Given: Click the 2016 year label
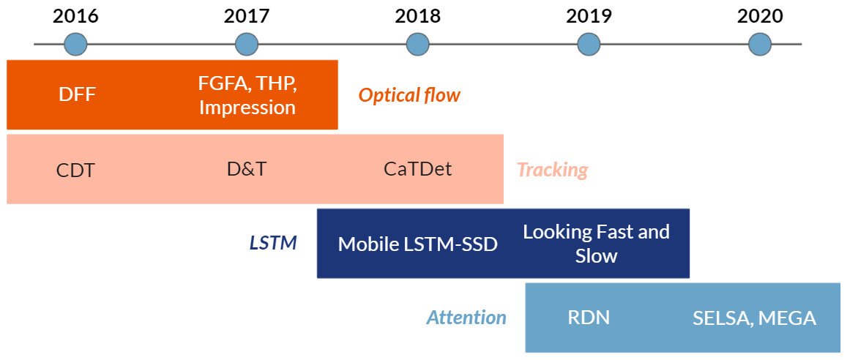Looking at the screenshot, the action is (75, 16).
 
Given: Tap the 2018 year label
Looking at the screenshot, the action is (417, 16).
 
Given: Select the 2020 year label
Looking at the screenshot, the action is (760, 16).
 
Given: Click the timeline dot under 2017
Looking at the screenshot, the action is (247, 44).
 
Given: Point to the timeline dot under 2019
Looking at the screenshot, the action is (589, 44).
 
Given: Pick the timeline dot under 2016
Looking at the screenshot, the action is (75, 44).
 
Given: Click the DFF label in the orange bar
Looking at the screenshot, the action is (77, 95).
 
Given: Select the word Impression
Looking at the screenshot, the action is (247, 108).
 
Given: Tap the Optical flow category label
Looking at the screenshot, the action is (409, 96).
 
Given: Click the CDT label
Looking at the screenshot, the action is (75, 170).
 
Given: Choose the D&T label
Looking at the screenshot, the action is (247, 169).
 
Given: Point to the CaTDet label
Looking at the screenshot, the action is (417, 169).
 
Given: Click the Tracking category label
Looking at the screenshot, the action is (553, 170).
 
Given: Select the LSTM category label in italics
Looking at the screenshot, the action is (273, 243).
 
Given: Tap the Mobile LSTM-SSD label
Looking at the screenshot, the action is (417, 244).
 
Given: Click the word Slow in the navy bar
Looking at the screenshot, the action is (597, 255).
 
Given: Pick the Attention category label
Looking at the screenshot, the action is (467, 318).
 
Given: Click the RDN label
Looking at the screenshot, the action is (589, 318).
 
